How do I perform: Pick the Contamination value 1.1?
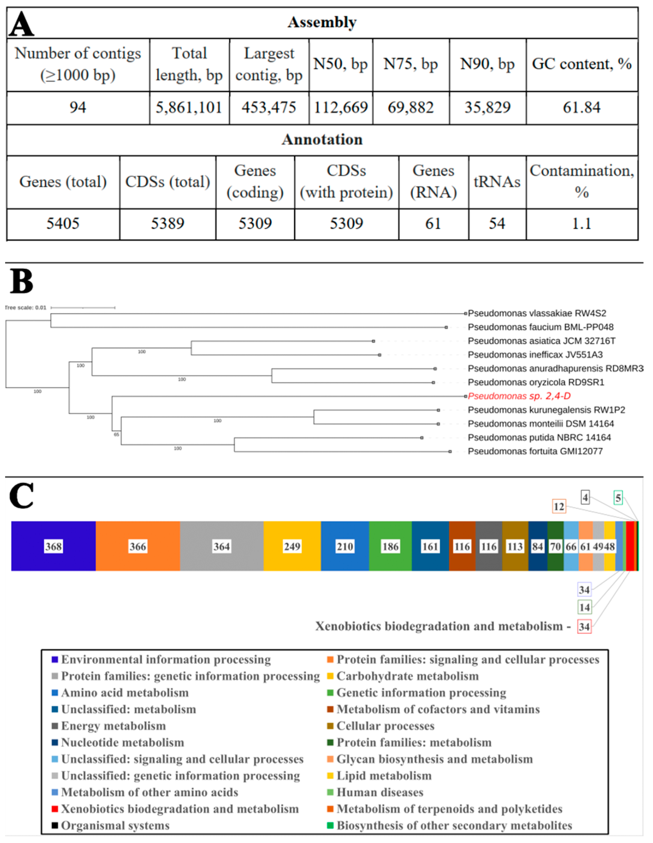click(x=581, y=223)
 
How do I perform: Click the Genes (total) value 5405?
click(x=63, y=223)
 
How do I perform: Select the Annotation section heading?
click(x=322, y=140)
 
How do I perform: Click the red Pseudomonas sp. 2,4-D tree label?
click(x=519, y=396)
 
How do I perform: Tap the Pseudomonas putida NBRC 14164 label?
click(x=539, y=437)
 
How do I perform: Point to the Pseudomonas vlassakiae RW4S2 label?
click(x=537, y=313)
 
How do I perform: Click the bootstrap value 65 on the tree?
click(x=116, y=435)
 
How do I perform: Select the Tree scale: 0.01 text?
click(x=26, y=308)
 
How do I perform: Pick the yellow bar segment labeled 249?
click(x=292, y=546)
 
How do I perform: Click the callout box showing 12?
click(x=558, y=506)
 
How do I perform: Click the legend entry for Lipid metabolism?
click(x=384, y=776)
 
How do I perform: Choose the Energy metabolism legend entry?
click(x=113, y=726)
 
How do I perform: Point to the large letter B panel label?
click(x=21, y=282)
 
